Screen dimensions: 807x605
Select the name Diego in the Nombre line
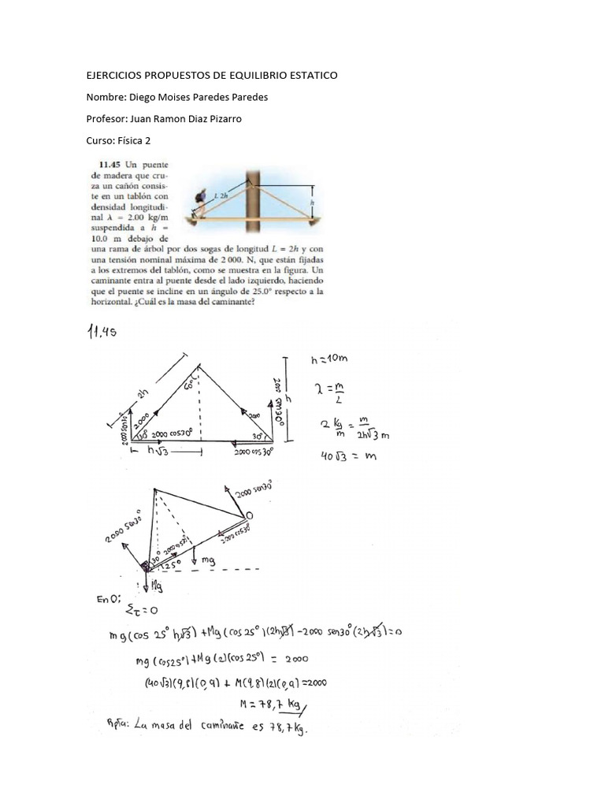(143, 97)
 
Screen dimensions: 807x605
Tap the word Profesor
(106, 119)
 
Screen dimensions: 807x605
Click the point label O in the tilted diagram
(249, 514)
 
